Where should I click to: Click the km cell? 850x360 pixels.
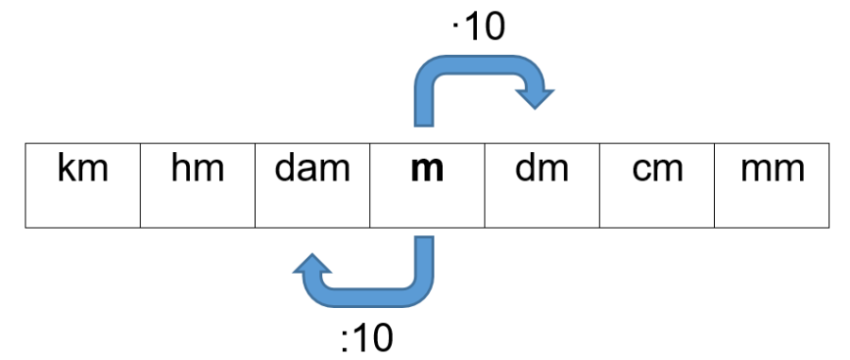[82, 185]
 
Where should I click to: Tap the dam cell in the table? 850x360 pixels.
[313, 185]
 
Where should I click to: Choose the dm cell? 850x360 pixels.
[542, 185]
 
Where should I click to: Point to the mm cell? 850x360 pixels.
[773, 185]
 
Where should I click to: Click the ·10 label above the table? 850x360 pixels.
[479, 27]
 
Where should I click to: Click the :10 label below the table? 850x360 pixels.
[366, 336]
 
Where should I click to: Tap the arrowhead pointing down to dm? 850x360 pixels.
[535, 94]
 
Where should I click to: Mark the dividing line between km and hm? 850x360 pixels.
[140, 185]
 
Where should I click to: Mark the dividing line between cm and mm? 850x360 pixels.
[715, 185]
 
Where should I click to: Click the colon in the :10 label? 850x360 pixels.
[346, 338]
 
